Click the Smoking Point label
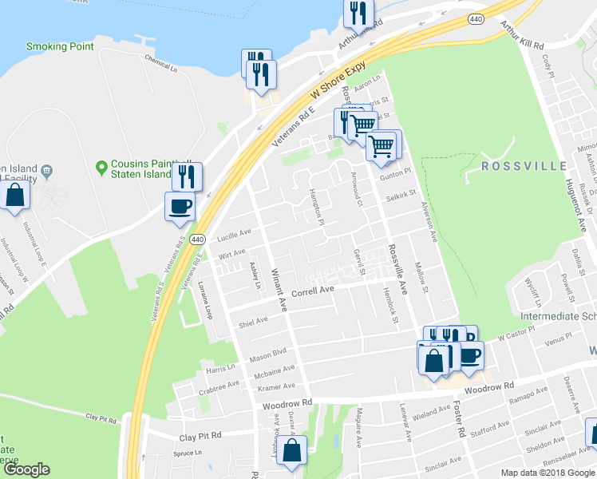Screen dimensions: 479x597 click(x=60, y=46)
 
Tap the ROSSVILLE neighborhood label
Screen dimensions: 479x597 click(x=524, y=166)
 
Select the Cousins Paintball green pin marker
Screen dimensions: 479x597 click(x=101, y=167)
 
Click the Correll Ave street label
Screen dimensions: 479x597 click(x=312, y=293)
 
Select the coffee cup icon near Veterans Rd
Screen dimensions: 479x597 click(x=179, y=207)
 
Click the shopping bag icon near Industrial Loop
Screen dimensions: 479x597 click(x=14, y=195)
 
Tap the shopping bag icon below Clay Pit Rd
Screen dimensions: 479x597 click(x=292, y=450)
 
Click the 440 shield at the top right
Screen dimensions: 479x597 click(x=476, y=17)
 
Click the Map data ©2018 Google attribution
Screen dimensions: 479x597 click(x=548, y=473)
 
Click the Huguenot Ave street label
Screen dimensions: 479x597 click(x=577, y=200)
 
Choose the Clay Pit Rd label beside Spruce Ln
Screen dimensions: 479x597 click(x=199, y=437)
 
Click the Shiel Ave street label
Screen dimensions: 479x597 click(x=253, y=321)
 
